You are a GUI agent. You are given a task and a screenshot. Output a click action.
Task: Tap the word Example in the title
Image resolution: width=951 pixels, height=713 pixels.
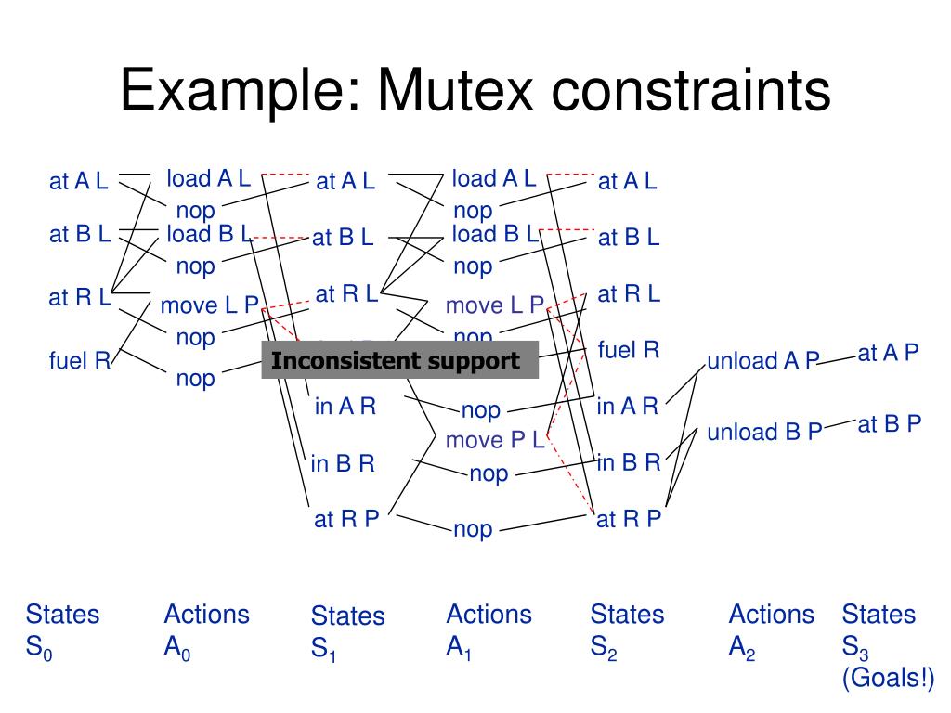click(238, 92)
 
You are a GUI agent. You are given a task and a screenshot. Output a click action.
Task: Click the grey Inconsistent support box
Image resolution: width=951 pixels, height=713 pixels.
click(400, 361)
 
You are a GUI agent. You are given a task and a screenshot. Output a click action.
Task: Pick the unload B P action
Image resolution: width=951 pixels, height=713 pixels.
click(764, 432)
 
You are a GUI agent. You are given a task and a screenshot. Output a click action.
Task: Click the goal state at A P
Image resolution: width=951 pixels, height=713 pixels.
click(888, 353)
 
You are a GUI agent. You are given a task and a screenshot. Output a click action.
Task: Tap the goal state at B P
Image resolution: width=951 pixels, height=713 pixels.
click(889, 424)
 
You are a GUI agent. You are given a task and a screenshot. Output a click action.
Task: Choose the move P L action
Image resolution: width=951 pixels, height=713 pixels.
click(495, 440)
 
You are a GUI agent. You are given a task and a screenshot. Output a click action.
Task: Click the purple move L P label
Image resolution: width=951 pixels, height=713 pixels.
click(495, 305)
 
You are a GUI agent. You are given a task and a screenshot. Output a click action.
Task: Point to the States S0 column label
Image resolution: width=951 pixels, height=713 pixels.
click(62, 630)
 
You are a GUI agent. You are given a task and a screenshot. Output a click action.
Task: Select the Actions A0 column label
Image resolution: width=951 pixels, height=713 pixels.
click(206, 630)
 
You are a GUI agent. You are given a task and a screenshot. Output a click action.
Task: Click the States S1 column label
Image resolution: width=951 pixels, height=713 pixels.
click(347, 632)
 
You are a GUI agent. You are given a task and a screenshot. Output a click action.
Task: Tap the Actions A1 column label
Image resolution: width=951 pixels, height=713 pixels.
click(489, 630)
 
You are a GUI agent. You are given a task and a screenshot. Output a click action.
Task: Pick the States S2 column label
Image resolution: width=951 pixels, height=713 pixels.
click(627, 630)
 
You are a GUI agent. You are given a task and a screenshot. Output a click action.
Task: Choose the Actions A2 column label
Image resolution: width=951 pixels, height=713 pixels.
click(771, 630)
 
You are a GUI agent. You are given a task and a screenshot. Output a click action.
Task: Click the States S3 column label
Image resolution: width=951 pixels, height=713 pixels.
click(879, 630)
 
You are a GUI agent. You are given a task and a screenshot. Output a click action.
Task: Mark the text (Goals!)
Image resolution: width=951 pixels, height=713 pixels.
click(888, 679)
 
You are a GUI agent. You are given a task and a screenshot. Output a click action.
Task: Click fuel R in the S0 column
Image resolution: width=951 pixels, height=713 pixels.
click(80, 360)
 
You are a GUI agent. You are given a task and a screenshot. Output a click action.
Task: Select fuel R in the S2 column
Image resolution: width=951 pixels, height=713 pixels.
click(628, 350)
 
